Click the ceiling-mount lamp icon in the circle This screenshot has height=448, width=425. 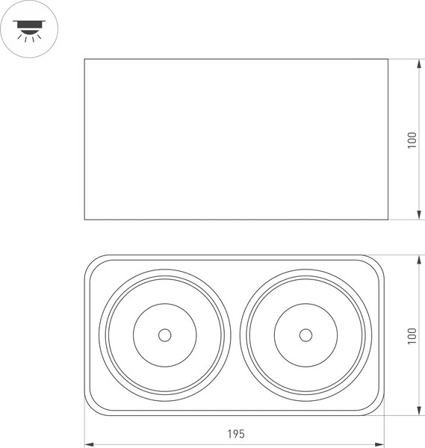(29, 28)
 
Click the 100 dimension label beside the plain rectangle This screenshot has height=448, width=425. (412, 140)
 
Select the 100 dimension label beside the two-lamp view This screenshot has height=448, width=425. (412, 335)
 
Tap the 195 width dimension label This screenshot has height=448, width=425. (235, 433)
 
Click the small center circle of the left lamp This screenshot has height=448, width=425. (164, 335)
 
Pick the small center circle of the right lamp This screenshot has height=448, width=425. (305, 335)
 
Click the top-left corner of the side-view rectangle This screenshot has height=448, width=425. (84, 59)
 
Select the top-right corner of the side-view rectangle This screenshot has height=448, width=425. (388, 59)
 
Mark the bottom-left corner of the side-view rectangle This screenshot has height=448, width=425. (84, 220)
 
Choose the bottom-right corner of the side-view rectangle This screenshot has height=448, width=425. (388, 220)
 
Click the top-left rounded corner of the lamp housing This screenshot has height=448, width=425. (90, 261)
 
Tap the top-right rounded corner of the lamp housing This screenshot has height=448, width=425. (382, 261)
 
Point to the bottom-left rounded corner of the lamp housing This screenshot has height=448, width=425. (90, 409)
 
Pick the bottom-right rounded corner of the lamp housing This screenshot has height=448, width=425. (382, 409)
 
